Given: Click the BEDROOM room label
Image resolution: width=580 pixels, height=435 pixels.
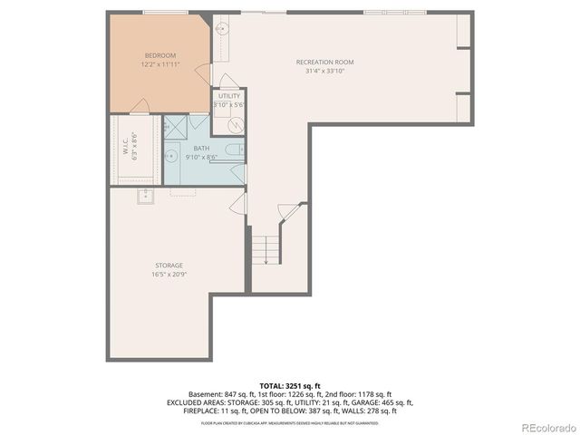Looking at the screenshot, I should pos(159,54).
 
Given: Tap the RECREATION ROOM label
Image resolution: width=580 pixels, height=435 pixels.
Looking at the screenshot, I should pos(324,62).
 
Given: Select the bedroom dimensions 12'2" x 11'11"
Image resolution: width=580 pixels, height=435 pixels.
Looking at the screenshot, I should pos(159,64).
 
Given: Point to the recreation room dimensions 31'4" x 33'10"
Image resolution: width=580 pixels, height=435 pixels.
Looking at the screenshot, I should pos(324,72).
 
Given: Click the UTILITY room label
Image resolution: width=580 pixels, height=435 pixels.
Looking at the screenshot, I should pos(229,95).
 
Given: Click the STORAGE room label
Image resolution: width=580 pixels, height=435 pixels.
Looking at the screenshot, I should pos(168,265).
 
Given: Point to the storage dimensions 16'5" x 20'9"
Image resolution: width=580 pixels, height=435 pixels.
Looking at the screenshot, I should pos(168,275).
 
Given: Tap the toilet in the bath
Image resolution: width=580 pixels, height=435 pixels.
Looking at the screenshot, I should pos(234,150).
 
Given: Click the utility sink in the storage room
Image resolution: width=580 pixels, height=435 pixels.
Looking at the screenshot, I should pos(145,197).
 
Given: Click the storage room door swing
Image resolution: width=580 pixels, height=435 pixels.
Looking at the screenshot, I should pos(237,203).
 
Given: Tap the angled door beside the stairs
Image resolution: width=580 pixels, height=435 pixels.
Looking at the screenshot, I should pos(286,211).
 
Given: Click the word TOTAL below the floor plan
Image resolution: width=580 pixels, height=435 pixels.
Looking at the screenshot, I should pos(270,385).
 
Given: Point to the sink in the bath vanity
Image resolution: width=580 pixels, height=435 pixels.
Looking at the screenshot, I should pos(170,156).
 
